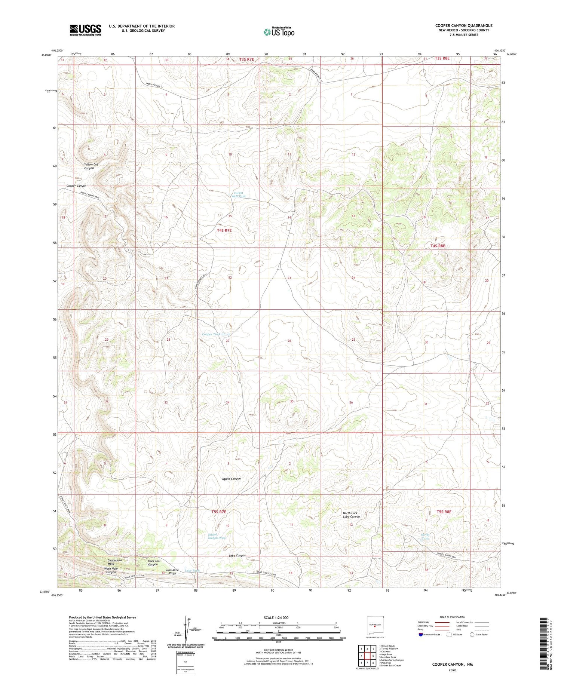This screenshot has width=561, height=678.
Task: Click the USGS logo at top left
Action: [85, 30]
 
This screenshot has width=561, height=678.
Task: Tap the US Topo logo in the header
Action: [279, 32]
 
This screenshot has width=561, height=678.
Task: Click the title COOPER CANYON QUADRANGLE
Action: [464, 25]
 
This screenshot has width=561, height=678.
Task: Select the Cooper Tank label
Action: [211, 334]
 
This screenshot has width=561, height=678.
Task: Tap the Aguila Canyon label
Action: [232, 479]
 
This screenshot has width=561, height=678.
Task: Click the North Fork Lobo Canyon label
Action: [351, 515]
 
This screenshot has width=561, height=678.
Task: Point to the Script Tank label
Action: [425, 537]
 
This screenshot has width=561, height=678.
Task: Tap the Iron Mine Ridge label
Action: [172, 572]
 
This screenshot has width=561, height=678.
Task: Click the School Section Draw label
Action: [217, 536]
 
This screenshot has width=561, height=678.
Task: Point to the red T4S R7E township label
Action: [224, 231]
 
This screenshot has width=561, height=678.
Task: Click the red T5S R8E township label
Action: [444, 512]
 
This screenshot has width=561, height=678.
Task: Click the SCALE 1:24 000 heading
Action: [278, 618]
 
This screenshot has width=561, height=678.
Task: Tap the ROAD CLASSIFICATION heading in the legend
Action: [453, 617]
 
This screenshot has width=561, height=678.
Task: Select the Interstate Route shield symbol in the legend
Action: [421, 635]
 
